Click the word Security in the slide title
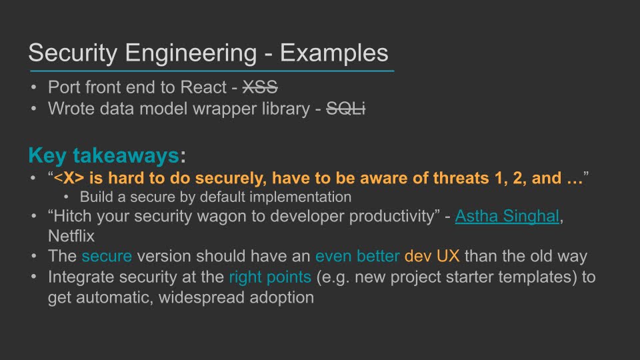73,53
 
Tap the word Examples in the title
334,53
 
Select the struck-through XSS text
260,87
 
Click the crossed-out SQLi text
346,109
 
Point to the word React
203,87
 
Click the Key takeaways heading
104,155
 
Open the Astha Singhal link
507,216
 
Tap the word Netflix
71,236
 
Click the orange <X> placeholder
69,178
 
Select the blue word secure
107,256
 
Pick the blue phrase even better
357,256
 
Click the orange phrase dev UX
432,256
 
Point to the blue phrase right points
270,277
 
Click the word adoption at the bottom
281,298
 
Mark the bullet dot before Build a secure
67,197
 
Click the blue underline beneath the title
212,71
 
